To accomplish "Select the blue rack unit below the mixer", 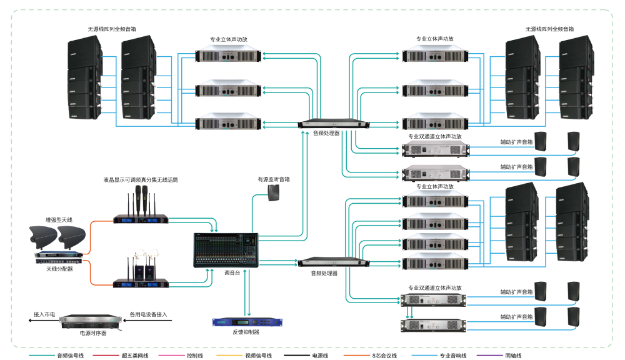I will pos(247,322).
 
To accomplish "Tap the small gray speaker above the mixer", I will pos(273,192).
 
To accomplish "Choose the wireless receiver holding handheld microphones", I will pos(141,219).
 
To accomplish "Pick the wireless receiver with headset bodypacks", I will pos(141,283).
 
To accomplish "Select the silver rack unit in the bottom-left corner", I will pos(89,321).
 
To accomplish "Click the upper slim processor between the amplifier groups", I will pos(333,124).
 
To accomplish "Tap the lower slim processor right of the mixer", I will pos(333,262).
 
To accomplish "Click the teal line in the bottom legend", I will pos(42,355).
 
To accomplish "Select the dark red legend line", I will pos(106,355).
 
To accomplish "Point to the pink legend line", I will pos(171,355).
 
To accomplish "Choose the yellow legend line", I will pos(229,355).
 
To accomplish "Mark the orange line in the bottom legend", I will pos(357,355).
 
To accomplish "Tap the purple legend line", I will pos(489,355).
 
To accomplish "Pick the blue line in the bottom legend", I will pos(424,355).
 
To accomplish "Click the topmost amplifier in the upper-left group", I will pos(228,55).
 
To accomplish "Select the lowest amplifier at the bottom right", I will pos(434,326).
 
